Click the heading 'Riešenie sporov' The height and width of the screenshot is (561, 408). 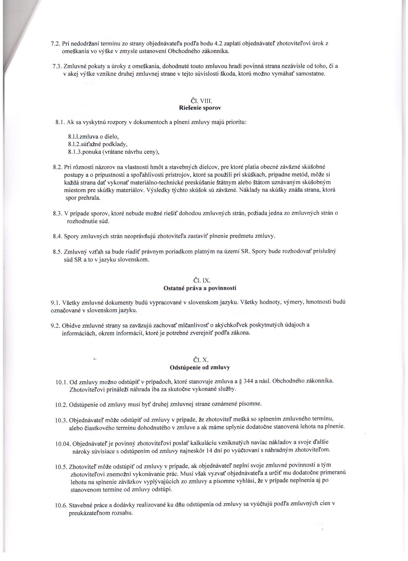[x=200, y=108]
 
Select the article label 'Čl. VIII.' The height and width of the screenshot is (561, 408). [x=200, y=101]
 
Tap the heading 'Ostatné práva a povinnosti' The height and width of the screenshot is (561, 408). [x=200, y=288]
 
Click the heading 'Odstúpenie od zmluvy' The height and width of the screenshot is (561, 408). [x=200, y=368]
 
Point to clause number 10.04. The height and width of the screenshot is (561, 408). [x=62, y=444]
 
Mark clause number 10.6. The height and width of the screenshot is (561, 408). [x=60, y=506]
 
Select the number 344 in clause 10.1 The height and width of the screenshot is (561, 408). [x=248, y=381]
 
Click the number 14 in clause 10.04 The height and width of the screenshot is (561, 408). [x=308, y=450]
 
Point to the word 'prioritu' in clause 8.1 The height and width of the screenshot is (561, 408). [x=236, y=122]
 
